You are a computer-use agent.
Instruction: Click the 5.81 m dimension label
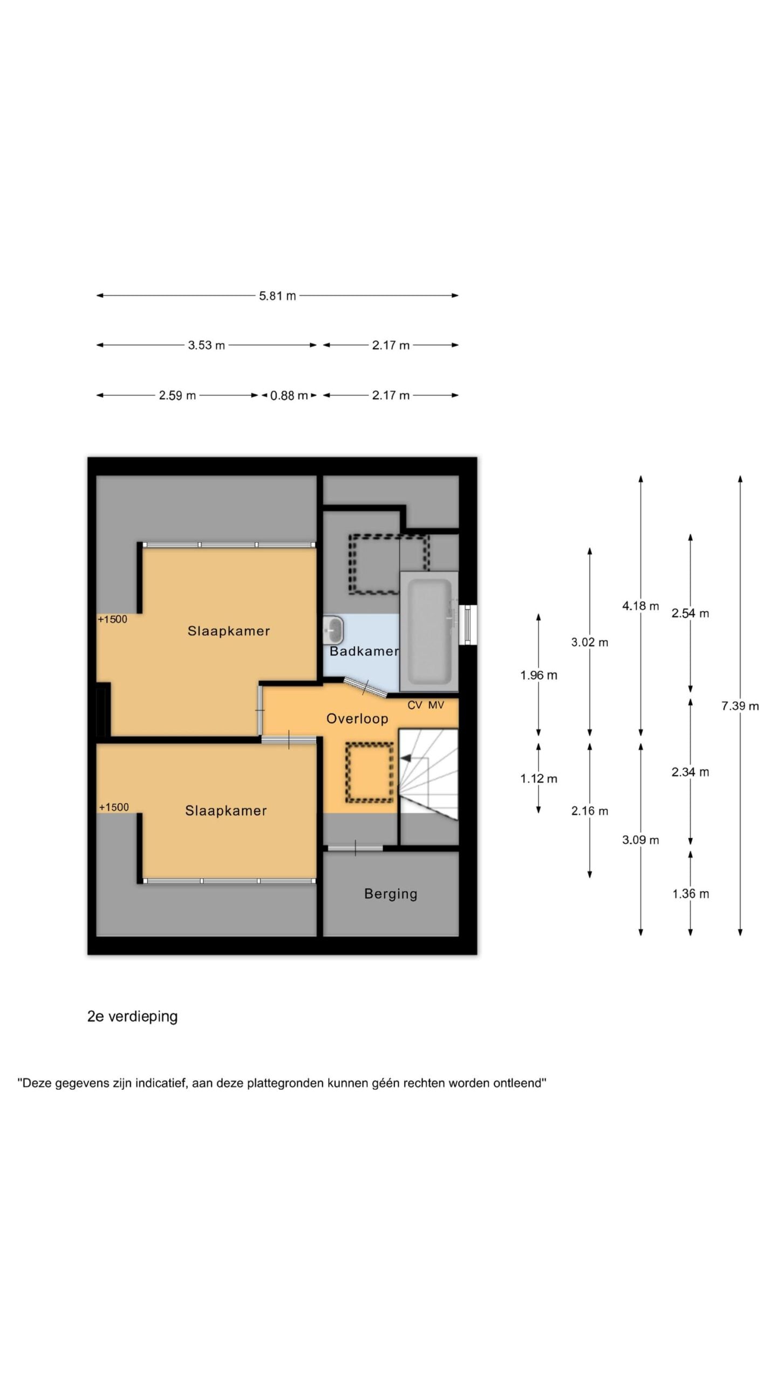click(x=277, y=296)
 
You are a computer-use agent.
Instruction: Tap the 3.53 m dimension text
click(x=206, y=345)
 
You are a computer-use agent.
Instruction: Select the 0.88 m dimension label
click(x=289, y=395)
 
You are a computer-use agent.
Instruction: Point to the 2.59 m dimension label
click(x=177, y=395)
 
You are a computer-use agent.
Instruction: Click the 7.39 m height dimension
click(x=740, y=706)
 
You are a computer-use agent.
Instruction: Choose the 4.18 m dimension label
click(x=640, y=606)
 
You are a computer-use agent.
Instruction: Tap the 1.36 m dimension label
click(x=690, y=893)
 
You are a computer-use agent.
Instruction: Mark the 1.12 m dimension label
click(x=539, y=778)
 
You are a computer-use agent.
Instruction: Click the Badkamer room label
click(x=364, y=651)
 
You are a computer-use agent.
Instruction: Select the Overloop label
click(x=357, y=719)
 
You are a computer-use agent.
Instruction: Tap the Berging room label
click(x=391, y=894)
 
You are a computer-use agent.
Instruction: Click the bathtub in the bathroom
click(x=429, y=631)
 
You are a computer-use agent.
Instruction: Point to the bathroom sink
click(x=333, y=629)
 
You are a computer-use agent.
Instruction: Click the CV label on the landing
click(x=414, y=705)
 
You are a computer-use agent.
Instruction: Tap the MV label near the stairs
click(x=436, y=705)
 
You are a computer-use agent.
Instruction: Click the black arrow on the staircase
click(x=405, y=758)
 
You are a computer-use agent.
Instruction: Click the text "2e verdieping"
click(x=132, y=1016)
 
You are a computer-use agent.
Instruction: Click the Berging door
click(x=355, y=847)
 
